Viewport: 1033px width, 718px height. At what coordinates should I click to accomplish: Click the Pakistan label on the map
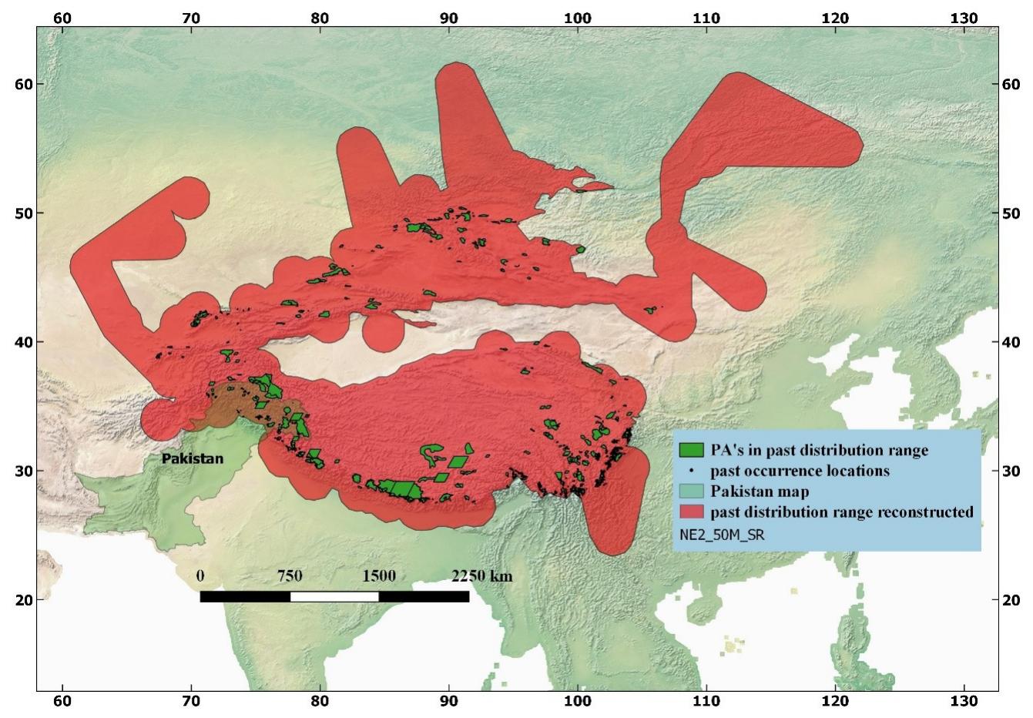click(x=193, y=459)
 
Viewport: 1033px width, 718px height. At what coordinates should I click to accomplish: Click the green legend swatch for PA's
click(x=692, y=450)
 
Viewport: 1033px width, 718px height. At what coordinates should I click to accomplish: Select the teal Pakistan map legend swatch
click(x=692, y=491)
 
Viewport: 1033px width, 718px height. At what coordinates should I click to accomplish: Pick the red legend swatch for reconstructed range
click(x=692, y=512)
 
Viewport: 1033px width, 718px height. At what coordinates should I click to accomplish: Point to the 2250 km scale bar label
click(x=481, y=576)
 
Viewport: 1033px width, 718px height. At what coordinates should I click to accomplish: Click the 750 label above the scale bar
click(x=290, y=576)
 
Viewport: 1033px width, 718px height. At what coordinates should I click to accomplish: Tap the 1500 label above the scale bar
click(x=379, y=576)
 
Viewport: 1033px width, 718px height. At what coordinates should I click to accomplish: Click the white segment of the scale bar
click(x=334, y=596)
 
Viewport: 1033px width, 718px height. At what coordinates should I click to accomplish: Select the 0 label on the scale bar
click(x=200, y=576)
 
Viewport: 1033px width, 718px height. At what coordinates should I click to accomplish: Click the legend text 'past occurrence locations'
click(x=800, y=471)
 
